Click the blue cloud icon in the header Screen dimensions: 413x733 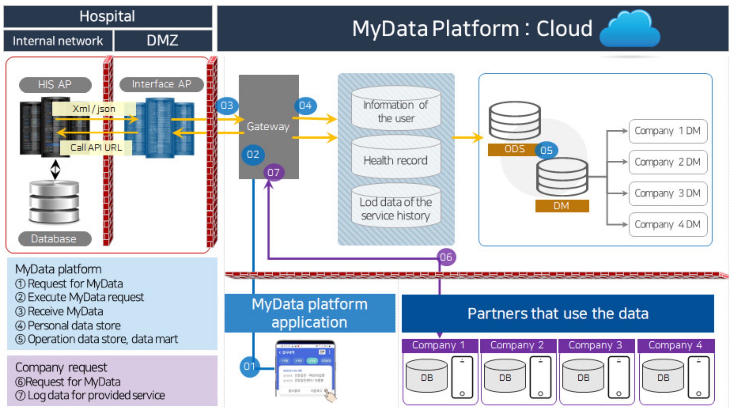pyautogui.click(x=630, y=29)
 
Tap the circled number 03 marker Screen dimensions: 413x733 pyautogui.click(x=227, y=106)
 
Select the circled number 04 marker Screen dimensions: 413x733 pyautogui.click(x=305, y=106)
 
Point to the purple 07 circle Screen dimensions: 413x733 pyautogui.click(x=273, y=172)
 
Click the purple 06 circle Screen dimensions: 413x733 pyautogui.click(x=446, y=257)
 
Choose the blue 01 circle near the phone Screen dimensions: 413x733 pyautogui.click(x=249, y=366)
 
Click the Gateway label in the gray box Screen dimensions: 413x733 pyautogui.click(x=268, y=127)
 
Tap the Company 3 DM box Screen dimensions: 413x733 pyautogui.click(x=667, y=193)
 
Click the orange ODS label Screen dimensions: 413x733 pyautogui.click(x=514, y=149)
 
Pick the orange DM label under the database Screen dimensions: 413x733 pyautogui.click(x=562, y=206)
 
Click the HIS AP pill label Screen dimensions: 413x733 pyautogui.click(x=55, y=84)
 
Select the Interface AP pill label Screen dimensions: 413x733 pyautogui.click(x=161, y=84)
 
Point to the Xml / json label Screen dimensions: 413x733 pyautogui.click(x=94, y=109)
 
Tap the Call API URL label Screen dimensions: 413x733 pyautogui.click(x=96, y=148)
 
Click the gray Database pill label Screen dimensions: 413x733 pyautogui.click(x=54, y=239)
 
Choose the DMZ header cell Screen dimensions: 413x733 pyautogui.click(x=163, y=40)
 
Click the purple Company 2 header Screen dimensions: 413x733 pyautogui.click(x=517, y=345)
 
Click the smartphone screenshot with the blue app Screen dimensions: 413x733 pyautogui.click(x=305, y=369)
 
